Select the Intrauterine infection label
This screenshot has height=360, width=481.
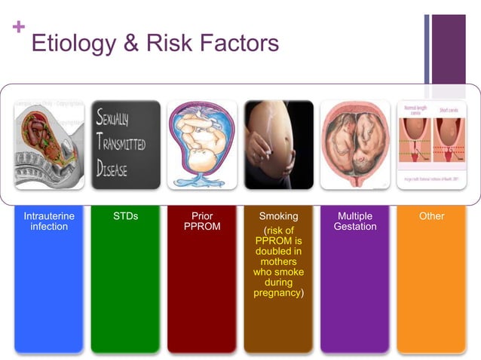point(49,221)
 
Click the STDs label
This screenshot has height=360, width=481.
point(125,216)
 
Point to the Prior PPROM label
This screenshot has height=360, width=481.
point(202,221)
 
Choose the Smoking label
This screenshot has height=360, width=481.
point(278,216)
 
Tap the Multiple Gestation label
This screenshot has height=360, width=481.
point(355,221)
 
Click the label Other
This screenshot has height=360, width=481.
point(431,216)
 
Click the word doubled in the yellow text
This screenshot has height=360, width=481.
point(278,251)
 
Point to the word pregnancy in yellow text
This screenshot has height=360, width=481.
point(277,292)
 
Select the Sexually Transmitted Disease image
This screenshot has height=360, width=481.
point(125,145)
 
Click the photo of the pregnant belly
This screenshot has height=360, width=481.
point(278,145)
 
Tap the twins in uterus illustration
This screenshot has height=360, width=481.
point(355,145)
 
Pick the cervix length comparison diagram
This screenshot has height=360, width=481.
point(431,145)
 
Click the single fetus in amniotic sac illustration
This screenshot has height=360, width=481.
point(202,145)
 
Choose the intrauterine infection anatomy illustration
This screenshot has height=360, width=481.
point(49,145)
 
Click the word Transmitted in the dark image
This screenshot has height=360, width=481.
point(123,144)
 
